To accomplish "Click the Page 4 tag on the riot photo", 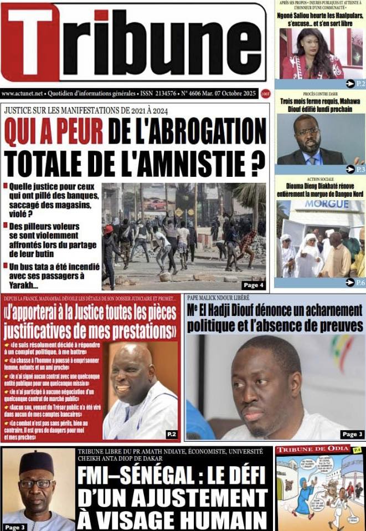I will click(253, 285).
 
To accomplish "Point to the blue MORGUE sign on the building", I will click(322, 205).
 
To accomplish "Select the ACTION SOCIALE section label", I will click(321, 178).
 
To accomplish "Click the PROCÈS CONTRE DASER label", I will click(321, 94).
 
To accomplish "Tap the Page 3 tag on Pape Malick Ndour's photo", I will click(352, 434).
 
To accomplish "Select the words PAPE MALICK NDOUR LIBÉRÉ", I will click(218, 298).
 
